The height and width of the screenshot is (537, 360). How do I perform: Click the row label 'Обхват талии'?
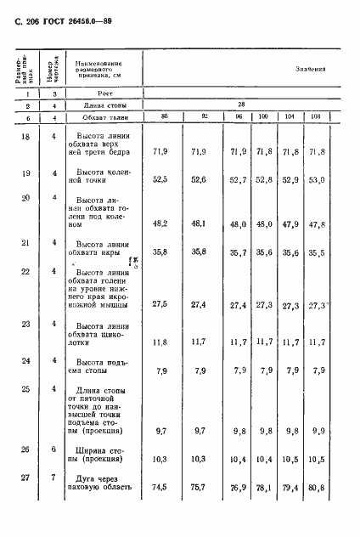(x=98, y=116)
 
